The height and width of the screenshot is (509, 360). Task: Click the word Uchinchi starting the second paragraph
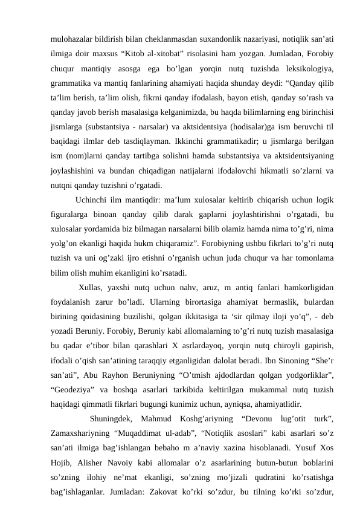coord(93,199)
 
